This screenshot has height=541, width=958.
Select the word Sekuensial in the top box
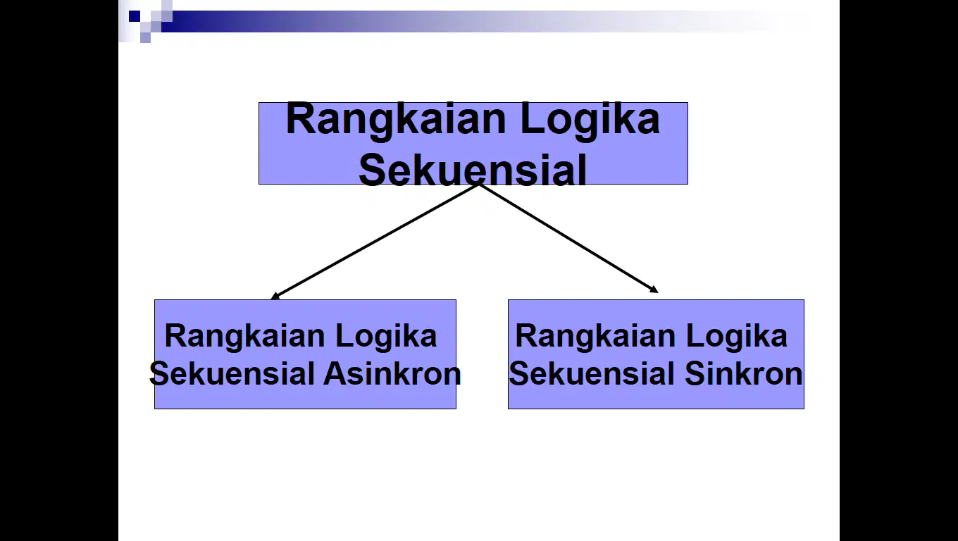(473, 170)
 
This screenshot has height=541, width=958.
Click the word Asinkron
(392, 374)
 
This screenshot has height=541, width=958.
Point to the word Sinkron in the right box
(744, 374)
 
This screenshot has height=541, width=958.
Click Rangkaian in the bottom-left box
(244, 336)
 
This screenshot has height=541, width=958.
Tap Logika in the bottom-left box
(386, 336)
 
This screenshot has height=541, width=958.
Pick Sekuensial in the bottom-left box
(232, 374)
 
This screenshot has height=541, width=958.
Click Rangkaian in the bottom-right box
(595, 336)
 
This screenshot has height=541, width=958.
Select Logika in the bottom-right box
(737, 336)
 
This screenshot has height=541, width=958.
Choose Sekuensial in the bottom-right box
(592, 374)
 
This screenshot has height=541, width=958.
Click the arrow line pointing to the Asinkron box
(375, 242)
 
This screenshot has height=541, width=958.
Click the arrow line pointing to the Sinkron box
(568, 239)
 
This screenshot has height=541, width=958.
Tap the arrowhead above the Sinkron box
(654, 290)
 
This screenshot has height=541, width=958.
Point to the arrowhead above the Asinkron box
(275, 296)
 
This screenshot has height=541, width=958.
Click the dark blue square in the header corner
(135, 16)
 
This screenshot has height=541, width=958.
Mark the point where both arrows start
(478, 185)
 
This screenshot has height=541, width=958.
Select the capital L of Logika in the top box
(532, 118)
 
